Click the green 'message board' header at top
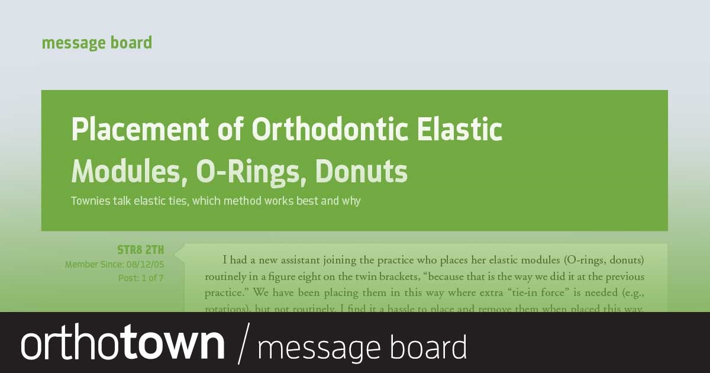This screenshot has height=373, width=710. click(x=96, y=43)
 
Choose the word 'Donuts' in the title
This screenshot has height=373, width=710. click(x=361, y=172)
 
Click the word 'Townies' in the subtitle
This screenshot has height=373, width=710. click(x=90, y=201)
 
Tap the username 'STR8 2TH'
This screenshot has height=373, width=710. click(x=140, y=249)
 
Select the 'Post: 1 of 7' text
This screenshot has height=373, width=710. click(x=141, y=278)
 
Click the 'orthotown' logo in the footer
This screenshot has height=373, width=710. click(x=123, y=343)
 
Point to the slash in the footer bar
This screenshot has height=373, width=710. click(x=242, y=343)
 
